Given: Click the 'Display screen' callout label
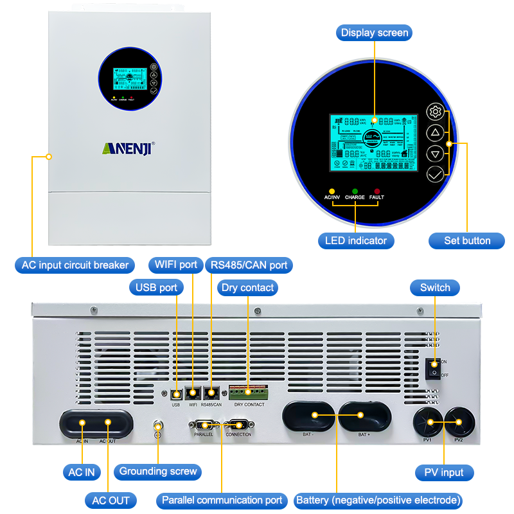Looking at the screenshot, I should click(375, 33).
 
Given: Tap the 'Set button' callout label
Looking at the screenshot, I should click(467, 241).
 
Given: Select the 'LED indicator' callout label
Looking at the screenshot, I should click(356, 241).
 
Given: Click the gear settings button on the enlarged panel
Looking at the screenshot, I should click(435, 112).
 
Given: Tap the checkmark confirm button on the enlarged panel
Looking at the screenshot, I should click(435, 173).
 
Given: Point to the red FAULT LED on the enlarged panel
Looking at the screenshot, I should click(377, 191).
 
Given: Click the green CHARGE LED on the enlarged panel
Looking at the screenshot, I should click(355, 191).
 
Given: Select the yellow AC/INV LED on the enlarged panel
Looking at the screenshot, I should click(332, 191).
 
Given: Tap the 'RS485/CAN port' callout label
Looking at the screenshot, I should click(249, 265).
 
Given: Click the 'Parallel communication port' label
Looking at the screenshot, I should click(222, 501).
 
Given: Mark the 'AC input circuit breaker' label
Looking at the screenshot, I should click(74, 265).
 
